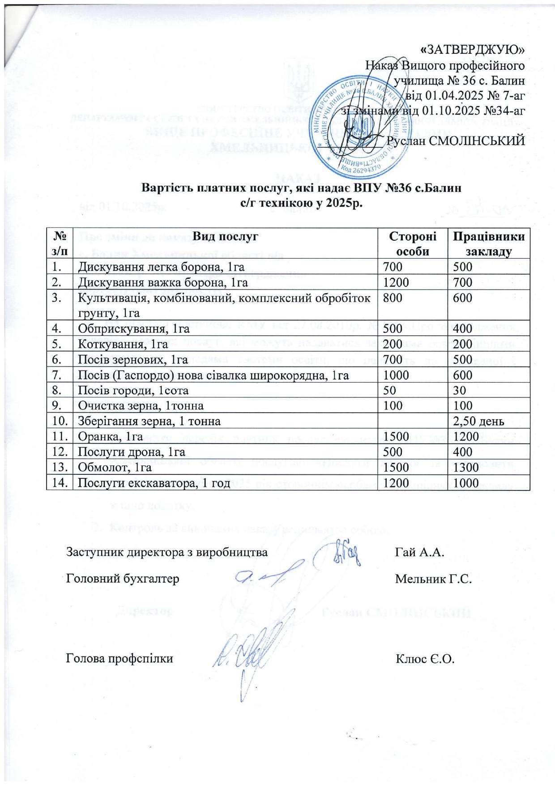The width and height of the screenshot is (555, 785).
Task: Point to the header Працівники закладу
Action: pos(488,243)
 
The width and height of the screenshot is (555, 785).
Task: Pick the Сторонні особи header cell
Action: pos(412,243)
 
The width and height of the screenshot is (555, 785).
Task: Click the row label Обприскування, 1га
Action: pos(134,329)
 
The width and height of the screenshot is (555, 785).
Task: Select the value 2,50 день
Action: pos(478,421)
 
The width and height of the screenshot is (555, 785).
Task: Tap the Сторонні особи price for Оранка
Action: pos(396,436)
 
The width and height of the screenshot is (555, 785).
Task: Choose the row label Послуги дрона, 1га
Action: pos(132,452)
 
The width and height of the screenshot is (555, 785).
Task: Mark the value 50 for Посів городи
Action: pos(389,390)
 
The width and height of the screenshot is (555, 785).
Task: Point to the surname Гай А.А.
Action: pos(419,552)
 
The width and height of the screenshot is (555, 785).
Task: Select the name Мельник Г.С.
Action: pos(433,579)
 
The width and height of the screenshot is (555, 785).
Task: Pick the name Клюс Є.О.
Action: pos(425,658)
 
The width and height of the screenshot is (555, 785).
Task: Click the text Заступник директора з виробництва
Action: pos(167,552)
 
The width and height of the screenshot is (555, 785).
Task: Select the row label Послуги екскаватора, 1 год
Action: pos(154,483)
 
